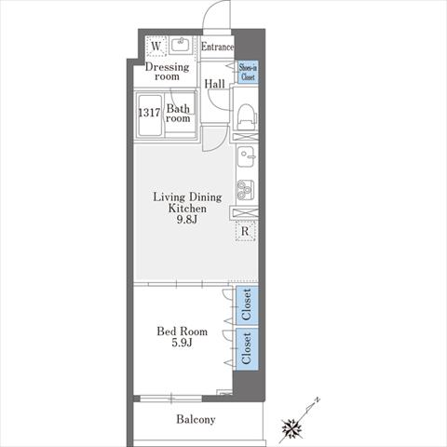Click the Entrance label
(x=217, y=47)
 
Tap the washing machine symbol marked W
(x=156, y=47)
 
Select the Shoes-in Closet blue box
(x=248, y=72)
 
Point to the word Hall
(x=214, y=84)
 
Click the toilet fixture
(x=247, y=115)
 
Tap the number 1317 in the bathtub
(x=149, y=113)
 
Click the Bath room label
(x=178, y=114)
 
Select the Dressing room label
(x=167, y=72)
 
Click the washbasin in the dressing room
(x=182, y=45)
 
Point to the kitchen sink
(x=246, y=156)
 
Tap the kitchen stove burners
(x=246, y=190)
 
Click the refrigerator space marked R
(x=245, y=231)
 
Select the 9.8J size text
(x=187, y=220)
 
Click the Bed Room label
(x=183, y=332)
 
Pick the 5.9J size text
(x=182, y=343)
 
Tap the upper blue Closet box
(x=247, y=305)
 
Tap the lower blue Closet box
(x=247, y=348)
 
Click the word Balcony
(x=196, y=419)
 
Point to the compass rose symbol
(x=292, y=428)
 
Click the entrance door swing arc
(x=209, y=9)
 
